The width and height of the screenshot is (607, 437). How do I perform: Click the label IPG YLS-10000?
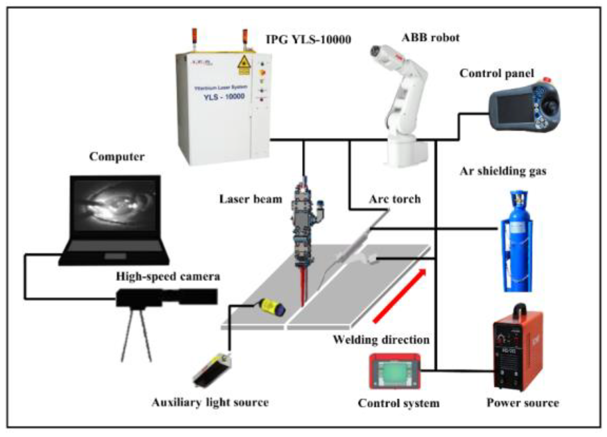308,39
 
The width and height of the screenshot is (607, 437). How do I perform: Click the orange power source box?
517,351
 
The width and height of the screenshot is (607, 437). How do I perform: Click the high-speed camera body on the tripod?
141,298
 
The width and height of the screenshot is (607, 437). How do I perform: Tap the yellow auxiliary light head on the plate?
272,307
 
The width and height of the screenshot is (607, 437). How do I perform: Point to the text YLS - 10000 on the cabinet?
224,97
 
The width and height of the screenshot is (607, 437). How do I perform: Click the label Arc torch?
394,199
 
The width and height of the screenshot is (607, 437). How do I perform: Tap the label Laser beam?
250,199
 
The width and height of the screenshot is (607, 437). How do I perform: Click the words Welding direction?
381,340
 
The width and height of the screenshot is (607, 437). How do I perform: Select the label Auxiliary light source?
210,402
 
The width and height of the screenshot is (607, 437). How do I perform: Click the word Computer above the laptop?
117,156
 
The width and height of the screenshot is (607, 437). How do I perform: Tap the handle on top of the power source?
520,310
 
